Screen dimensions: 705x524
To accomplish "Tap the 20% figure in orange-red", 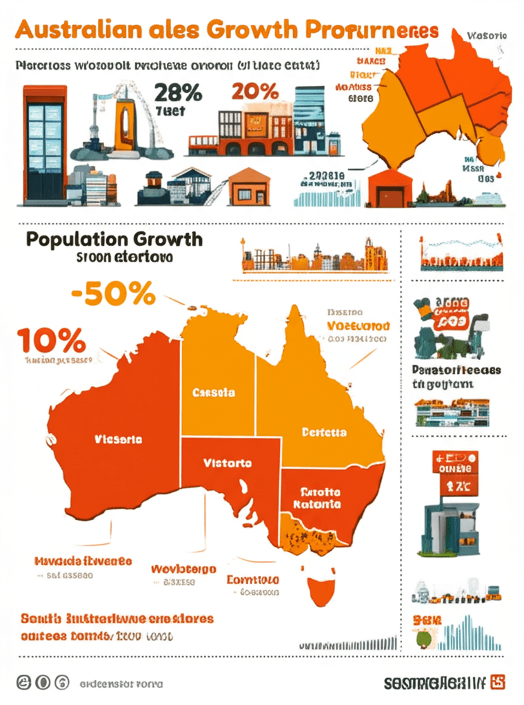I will pyautogui.click(x=255, y=90).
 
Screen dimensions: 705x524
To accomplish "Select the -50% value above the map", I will pyautogui.click(x=112, y=295).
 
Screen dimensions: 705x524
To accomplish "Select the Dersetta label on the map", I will pyautogui.click(x=324, y=432).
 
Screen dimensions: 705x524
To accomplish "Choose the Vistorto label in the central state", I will pyautogui.click(x=228, y=463).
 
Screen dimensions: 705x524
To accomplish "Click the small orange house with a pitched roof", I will pyautogui.click(x=250, y=186).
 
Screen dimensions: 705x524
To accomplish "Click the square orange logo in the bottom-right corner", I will pyautogui.click(x=497, y=682).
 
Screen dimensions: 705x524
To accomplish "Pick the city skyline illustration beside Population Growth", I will pyautogui.click(x=314, y=257).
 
